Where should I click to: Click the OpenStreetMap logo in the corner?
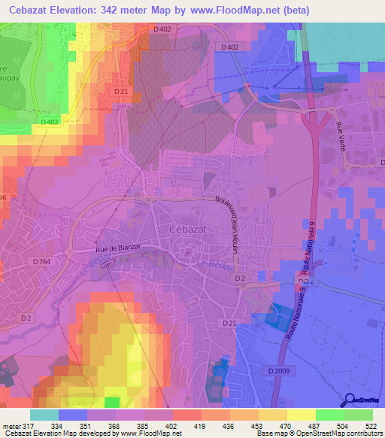[364, 400]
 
